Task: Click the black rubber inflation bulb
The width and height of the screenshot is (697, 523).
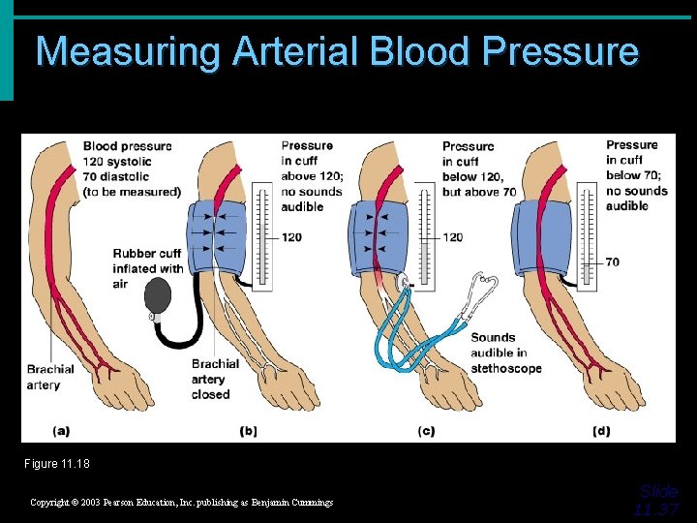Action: pos(156,295)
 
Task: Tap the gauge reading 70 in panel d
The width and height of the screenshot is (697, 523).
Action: pos(613,261)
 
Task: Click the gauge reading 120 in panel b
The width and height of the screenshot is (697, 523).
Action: pos(291,236)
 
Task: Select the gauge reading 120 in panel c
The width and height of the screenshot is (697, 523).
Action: pos(452,236)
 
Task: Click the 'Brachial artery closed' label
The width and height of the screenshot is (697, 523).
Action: pos(215,380)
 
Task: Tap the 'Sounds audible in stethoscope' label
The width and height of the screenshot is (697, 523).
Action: pos(505,353)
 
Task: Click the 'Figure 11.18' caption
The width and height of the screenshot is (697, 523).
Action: pos(57,464)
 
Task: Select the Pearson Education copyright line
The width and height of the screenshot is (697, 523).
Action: pos(181,503)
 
